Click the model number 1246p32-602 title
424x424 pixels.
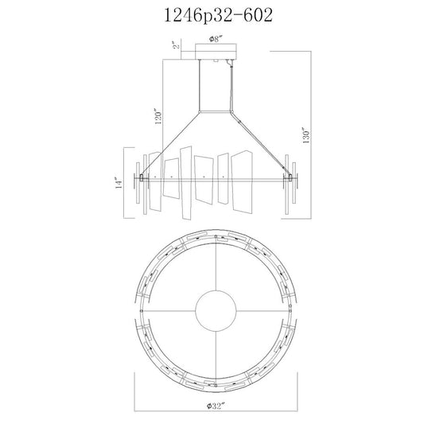click(x=218, y=16)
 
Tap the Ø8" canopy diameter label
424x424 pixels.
click(x=216, y=39)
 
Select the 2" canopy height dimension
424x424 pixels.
click(x=177, y=45)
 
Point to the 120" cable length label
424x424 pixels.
click(x=158, y=117)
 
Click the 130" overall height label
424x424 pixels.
click(x=306, y=135)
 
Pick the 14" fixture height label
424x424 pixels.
click(x=119, y=182)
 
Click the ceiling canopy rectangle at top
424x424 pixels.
click(x=216, y=52)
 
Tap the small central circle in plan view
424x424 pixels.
click(x=216, y=311)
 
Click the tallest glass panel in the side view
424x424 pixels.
click(x=186, y=183)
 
